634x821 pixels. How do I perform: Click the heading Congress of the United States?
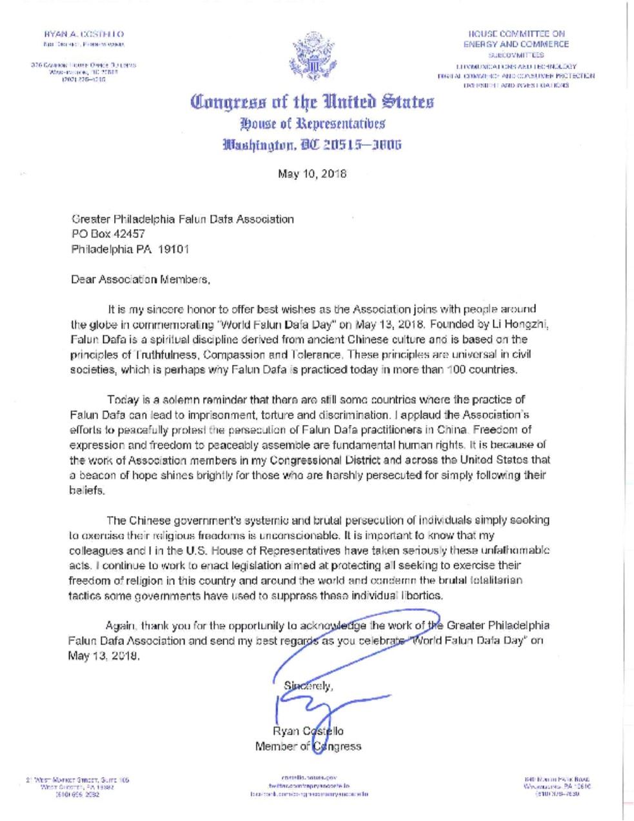(x=312, y=102)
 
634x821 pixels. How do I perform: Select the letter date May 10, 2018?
(x=312, y=173)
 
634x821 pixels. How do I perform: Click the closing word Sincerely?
(x=308, y=686)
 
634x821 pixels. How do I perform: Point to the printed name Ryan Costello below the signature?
(x=308, y=731)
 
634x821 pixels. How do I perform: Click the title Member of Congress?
(x=308, y=746)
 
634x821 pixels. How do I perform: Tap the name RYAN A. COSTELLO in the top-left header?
(x=84, y=33)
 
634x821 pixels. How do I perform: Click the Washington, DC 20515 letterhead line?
(x=312, y=144)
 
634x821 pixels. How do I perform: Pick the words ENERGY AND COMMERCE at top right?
(x=516, y=45)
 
